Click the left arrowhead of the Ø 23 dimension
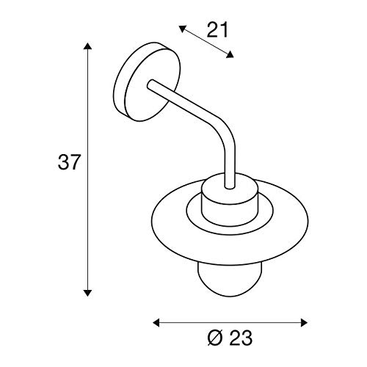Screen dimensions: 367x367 (156, 321)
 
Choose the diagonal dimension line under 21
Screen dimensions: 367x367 (207, 42)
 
